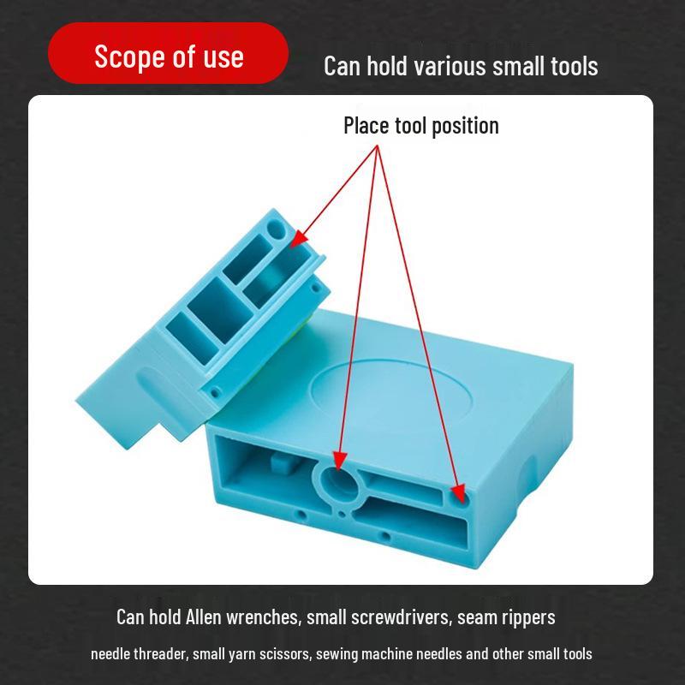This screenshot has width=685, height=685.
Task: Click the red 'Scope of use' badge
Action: click(169, 57)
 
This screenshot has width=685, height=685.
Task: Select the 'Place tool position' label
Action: click(420, 126)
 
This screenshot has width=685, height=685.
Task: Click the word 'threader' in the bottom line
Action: click(160, 654)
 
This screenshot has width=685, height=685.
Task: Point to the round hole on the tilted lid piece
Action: click(275, 229)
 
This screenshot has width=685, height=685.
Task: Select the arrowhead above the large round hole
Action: click(340, 462)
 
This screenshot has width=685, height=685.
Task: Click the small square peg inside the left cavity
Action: click(277, 463)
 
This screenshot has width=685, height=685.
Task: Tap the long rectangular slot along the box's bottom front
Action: click(411, 517)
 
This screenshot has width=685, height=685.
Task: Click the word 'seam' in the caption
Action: click(477, 616)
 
